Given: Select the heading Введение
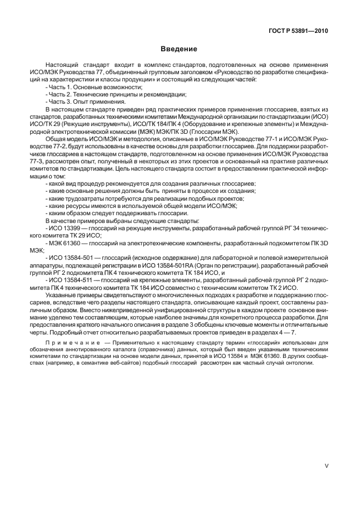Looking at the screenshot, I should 179,49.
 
